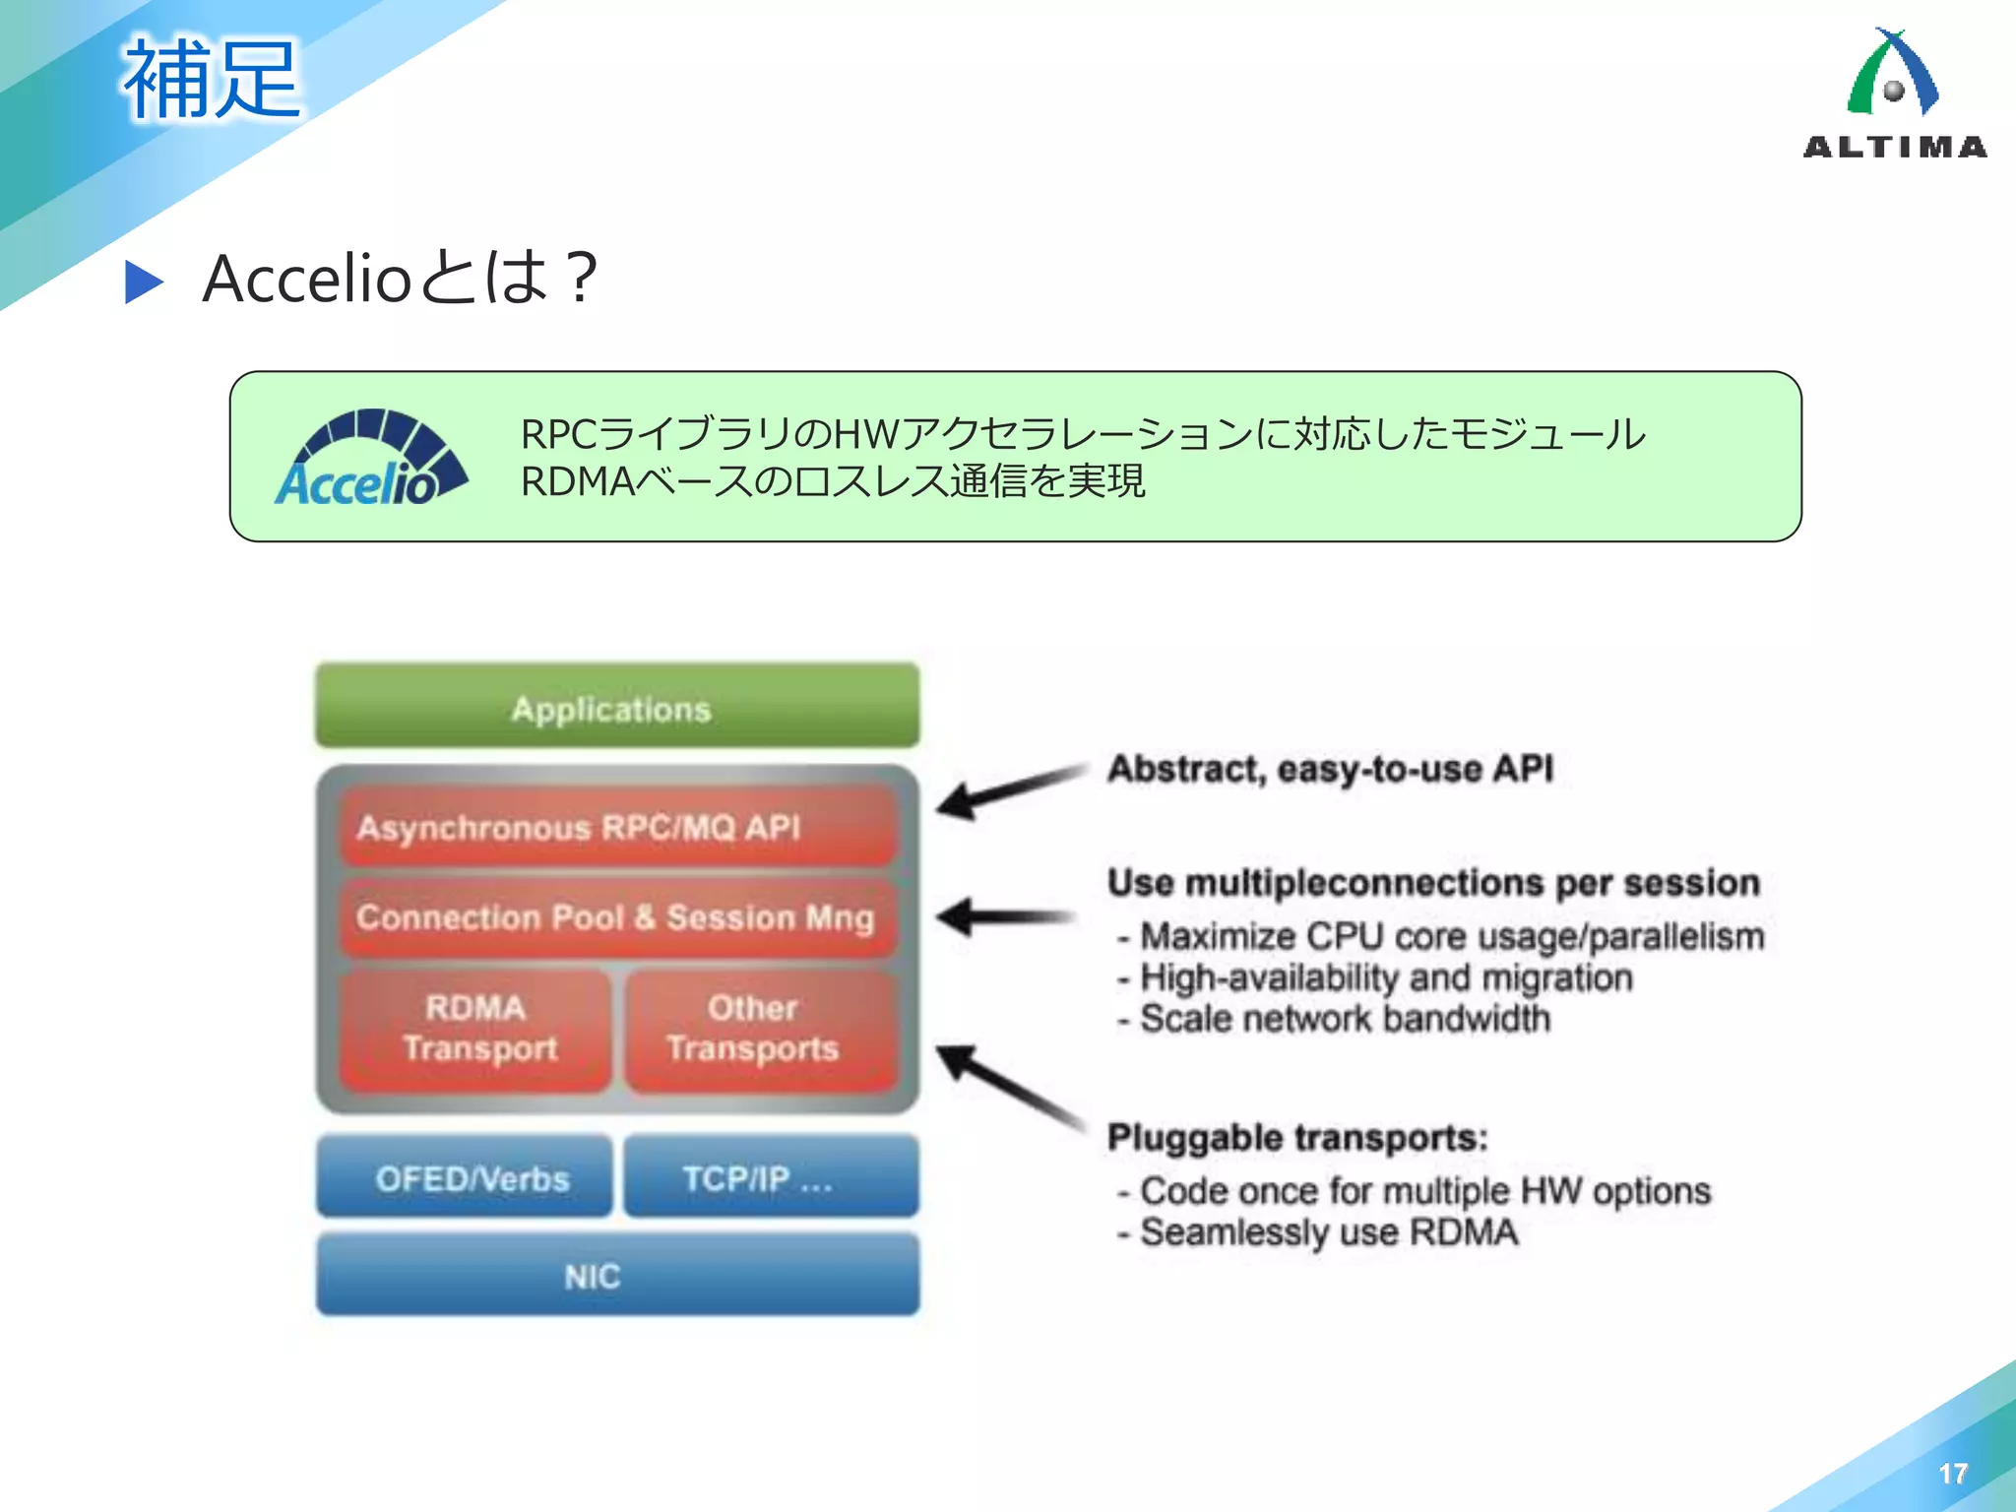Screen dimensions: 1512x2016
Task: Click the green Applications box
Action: [x=617, y=706]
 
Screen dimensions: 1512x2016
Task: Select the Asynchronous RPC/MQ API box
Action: [x=617, y=826]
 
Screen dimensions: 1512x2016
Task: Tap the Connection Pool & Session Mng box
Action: [x=617, y=916]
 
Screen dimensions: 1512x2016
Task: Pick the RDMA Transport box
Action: [x=476, y=1029]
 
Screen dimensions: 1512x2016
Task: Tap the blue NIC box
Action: [x=617, y=1275]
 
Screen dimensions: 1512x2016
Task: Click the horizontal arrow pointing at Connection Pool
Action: [x=1004, y=917]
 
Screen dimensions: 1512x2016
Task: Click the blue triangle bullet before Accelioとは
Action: [x=144, y=283]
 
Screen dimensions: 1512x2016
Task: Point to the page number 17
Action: [x=1952, y=1474]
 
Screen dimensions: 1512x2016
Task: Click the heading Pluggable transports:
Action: [x=1296, y=1138]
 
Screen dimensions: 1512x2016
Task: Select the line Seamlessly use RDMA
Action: [x=1327, y=1232]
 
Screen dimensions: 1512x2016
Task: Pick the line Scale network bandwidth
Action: [x=1343, y=1019]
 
